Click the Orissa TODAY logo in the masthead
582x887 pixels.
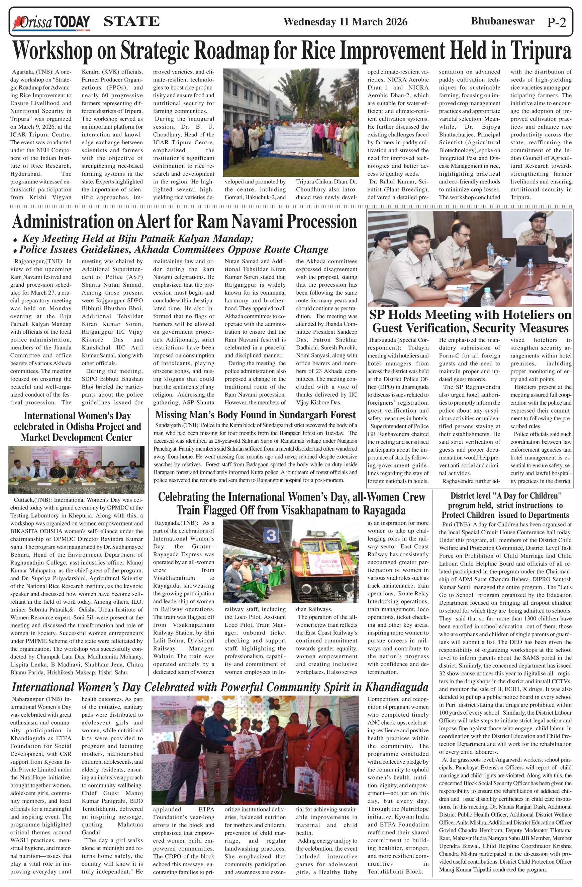[x=52, y=22]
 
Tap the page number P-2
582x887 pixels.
[x=557, y=22]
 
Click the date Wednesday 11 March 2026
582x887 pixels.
[x=345, y=22]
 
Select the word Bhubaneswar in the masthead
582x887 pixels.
[x=502, y=21]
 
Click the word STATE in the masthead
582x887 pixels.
[x=131, y=22]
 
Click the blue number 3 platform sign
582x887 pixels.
[x=271, y=536]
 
